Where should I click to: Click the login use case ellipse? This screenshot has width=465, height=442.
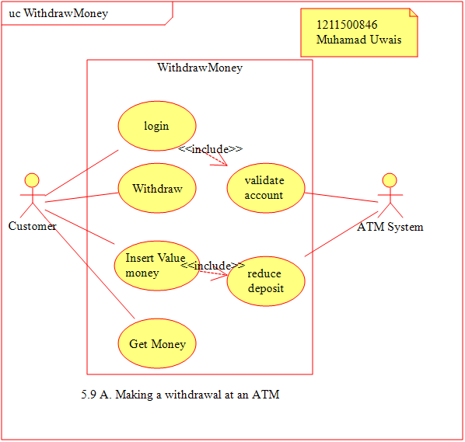coord(157,126)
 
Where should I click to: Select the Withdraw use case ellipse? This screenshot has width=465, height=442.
coord(157,188)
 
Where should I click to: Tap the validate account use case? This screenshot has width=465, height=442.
coord(266,188)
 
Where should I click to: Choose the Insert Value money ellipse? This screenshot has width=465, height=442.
coord(157,266)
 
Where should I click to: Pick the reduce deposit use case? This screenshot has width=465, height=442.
coord(266,281)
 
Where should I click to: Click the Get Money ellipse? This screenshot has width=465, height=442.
coord(157,343)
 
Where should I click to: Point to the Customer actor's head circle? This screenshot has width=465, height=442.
coord(32,180)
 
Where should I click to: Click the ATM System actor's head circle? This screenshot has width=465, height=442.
coord(390,180)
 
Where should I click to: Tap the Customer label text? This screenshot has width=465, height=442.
coord(32,226)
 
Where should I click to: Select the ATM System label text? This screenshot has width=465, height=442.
coord(390,227)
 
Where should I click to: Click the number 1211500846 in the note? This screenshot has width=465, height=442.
coord(347,25)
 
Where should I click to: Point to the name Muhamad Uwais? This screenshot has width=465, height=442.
coord(358,40)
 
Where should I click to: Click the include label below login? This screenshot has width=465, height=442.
coord(210,148)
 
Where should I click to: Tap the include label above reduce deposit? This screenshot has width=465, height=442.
coord(212,266)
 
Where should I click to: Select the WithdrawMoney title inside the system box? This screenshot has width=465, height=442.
coord(200,68)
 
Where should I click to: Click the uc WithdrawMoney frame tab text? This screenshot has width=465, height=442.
coord(58,13)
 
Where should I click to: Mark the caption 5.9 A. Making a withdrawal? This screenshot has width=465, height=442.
coord(180,395)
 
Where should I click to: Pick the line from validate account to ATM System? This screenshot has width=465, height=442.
coord(341,197)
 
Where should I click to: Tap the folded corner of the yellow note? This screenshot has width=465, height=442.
coord(414,12)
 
